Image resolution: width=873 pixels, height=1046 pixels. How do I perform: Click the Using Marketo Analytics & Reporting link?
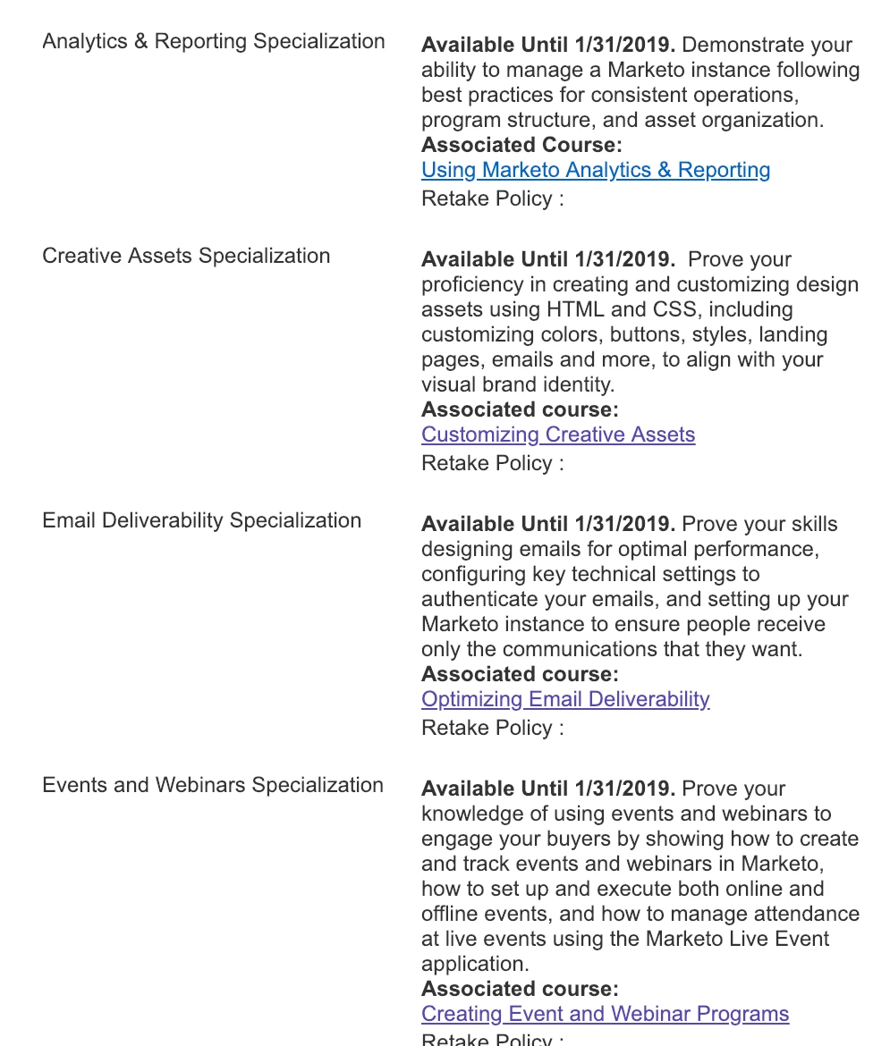596,170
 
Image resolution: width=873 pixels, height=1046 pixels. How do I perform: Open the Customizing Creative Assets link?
558,434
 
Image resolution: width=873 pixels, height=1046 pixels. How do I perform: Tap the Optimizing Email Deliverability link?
565,699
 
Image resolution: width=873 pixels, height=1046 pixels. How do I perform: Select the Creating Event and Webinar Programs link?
605,1014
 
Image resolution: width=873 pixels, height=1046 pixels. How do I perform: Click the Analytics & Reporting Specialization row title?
214,41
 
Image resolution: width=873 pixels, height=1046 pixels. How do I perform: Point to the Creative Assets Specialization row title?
186,256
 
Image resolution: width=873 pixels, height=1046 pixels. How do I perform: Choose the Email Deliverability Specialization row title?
202,520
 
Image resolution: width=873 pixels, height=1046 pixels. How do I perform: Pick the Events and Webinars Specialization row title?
213,785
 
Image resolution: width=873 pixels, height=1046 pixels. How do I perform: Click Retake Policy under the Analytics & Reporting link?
493,198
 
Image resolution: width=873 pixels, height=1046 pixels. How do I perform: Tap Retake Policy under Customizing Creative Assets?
493,463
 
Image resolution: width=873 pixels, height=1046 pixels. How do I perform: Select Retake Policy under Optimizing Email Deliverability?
493,728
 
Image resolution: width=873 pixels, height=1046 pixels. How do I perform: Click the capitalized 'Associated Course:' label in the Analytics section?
521,145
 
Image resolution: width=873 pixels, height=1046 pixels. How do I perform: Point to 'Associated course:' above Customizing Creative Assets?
520,409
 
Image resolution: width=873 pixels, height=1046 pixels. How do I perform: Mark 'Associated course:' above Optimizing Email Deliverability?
520,674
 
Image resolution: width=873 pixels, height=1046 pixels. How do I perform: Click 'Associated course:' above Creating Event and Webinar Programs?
520,989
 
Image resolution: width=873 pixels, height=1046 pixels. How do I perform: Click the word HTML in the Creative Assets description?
568,309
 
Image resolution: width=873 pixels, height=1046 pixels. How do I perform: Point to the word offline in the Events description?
452,914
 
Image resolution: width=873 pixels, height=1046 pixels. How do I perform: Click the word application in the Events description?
474,964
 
